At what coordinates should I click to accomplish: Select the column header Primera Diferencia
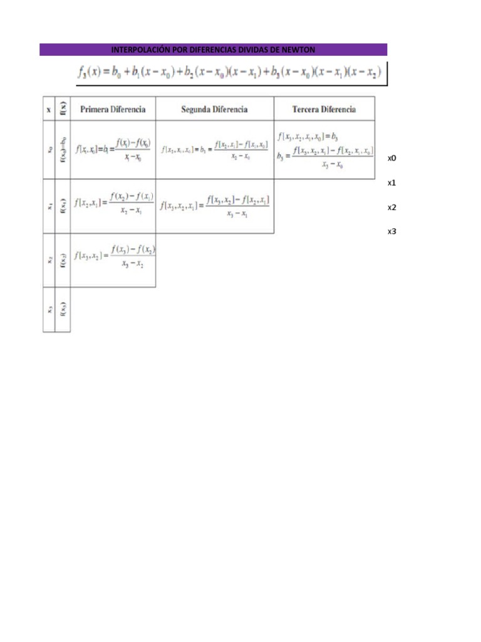click(113, 109)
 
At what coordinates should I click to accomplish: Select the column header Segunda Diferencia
click(214, 109)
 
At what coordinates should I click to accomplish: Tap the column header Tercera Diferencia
click(324, 109)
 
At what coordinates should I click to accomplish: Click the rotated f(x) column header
click(63, 108)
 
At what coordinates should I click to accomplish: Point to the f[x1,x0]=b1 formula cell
click(113, 150)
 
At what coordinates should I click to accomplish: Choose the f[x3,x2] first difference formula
click(114, 256)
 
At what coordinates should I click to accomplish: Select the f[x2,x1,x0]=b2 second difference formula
click(214, 150)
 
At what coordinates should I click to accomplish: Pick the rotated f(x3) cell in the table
click(63, 309)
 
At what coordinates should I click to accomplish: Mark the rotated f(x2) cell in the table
click(63, 260)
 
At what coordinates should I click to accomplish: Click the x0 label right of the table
click(392, 159)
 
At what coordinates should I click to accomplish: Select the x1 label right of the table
click(392, 183)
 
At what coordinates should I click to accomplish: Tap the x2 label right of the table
click(392, 208)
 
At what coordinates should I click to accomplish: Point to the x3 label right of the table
click(392, 231)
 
